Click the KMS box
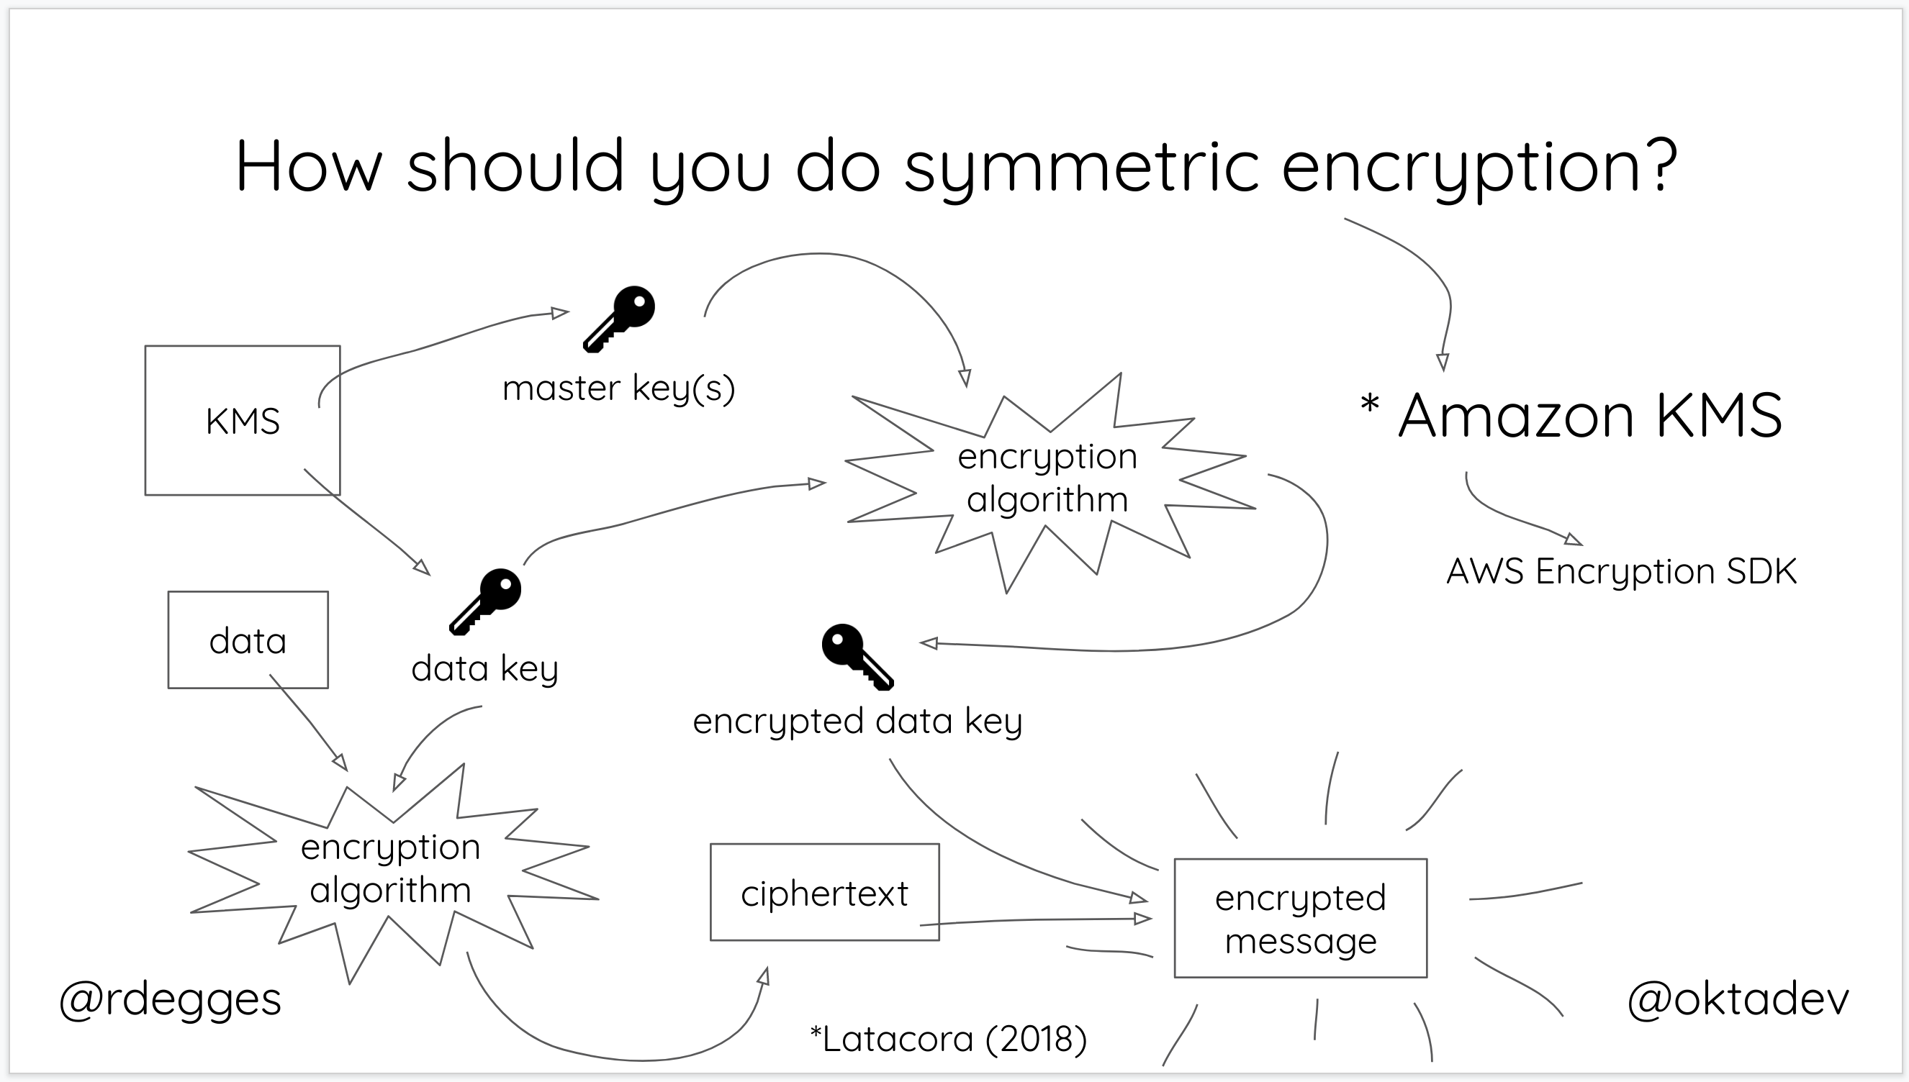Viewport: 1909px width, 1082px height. pyautogui.click(x=243, y=421)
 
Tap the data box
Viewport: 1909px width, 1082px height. pyautogui.click(x=248, y=640)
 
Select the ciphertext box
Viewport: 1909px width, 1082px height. pyautogui.click(x=823, y=893)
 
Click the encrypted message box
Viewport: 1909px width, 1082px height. pyautogui.click(x=1299, y=919)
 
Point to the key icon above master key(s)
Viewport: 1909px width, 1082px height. pyautogui.click(x=619, y=317)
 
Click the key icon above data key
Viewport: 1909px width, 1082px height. pyautogui.click(x=485, y=601)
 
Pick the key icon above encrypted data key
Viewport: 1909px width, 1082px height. pyautogui.click(x=857, y=655)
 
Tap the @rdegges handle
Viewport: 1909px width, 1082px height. pyautogui.click(x=170, y=999)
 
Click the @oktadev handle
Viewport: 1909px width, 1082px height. pyautogui.click(x=1737, y=999)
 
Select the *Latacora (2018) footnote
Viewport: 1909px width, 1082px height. pyautogui.click(x=948, y=1038)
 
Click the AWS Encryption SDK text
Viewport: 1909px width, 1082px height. pyautogui.click(x=1620, y=571)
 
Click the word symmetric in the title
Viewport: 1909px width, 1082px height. pyautogui.click(x=1082, y=166)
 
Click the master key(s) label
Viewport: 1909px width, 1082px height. pyautogui.click(x=618, y=388)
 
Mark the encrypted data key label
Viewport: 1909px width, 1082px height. pyautogui.click(x=857, y=721)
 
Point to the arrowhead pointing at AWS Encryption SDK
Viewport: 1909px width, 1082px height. pyautogui.click(x=1573, y=540)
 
